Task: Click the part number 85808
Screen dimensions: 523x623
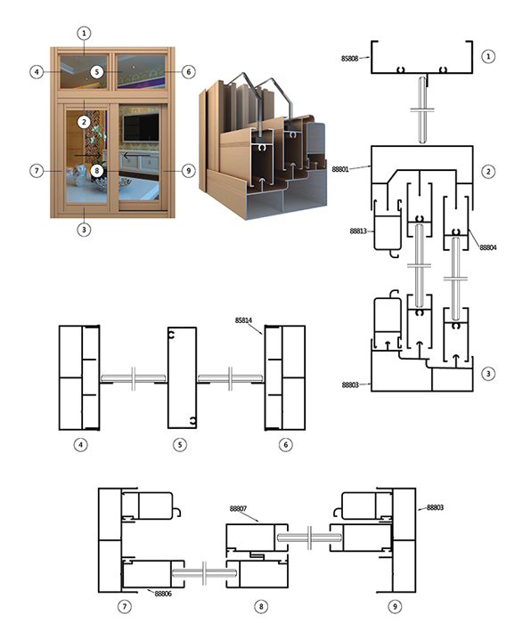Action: [349, 59]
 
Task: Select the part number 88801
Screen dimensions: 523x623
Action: [340, 169]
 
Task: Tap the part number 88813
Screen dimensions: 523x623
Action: [358, 231]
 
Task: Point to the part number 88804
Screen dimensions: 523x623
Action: [488, 247]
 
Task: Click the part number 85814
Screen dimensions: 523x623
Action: [243, 320]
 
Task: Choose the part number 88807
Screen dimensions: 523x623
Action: [238, 508]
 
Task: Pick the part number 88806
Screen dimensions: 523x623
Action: [163, 594]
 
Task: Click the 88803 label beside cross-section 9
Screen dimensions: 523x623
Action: [435, 507]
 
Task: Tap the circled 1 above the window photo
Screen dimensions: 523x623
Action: [84, 33]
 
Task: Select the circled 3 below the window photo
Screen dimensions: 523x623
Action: [84, 230]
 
